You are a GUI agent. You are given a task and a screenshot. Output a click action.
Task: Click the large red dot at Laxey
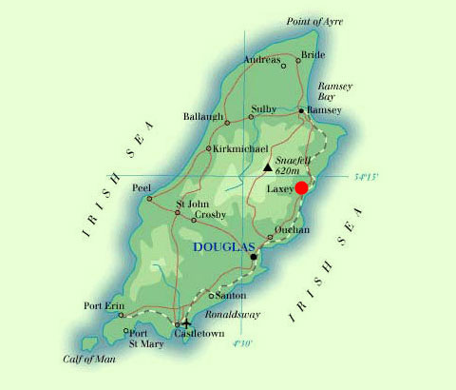pos(302,187)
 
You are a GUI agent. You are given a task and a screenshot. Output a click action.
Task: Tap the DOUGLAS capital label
pos(222,247)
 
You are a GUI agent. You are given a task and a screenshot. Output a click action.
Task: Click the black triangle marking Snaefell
pos(268,167)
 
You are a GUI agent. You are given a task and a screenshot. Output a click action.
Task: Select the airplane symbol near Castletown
pos(184,324)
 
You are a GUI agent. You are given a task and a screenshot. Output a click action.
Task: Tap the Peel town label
pos(141,187)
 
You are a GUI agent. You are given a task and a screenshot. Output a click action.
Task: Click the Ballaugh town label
pos(203,116)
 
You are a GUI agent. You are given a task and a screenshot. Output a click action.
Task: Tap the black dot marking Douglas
pos(253,257)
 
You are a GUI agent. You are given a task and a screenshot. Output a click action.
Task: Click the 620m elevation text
pos(289,171)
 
